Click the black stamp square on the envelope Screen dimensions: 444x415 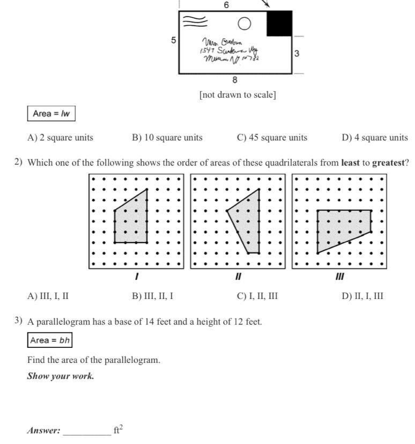(279, 23)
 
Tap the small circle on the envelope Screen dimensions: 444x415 (244, 24)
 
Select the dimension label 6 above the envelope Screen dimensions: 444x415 (226, 5)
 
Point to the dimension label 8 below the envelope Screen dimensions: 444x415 (235, 80)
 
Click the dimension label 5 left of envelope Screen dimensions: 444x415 (173, 40)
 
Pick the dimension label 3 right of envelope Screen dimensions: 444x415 (297, 54)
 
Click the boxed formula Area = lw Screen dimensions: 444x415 (51, 113)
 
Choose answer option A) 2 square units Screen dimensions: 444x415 (60, 137)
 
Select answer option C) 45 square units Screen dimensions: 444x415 (272, 137)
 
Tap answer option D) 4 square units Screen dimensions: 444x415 (374, 137)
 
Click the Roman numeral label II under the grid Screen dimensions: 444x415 (239, 277)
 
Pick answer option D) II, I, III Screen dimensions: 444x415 (362, 296)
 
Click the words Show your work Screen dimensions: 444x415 (61, 376)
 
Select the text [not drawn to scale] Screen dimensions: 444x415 (238, 95)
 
